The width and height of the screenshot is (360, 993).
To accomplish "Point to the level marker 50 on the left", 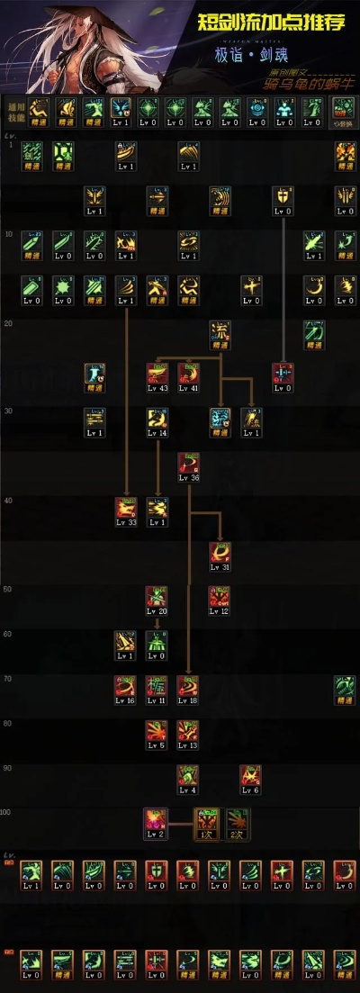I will (8, 589).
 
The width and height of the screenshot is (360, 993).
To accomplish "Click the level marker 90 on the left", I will (8, 767).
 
